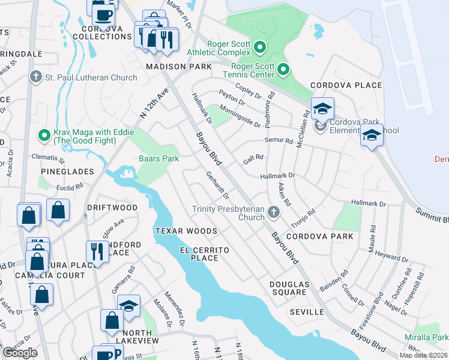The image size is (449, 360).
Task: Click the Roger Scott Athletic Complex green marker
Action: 260,46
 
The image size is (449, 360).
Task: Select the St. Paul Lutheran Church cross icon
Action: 35,77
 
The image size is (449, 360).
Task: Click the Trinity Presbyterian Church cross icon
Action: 274,211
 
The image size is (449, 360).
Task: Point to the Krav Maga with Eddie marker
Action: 44,136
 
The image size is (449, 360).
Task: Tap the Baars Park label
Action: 158,158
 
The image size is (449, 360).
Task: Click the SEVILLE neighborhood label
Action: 306,312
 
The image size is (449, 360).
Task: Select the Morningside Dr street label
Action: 240,116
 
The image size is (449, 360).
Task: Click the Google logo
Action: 20,353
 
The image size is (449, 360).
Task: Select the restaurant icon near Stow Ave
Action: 96,251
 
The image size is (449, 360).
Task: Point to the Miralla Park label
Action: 431,337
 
